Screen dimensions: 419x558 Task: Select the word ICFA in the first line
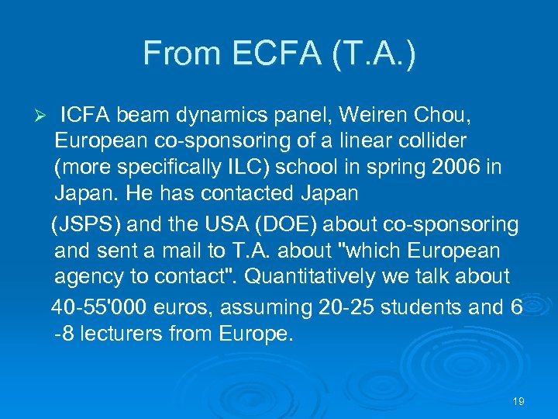[86, 116]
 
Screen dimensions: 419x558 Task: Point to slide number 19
[519, 401]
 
